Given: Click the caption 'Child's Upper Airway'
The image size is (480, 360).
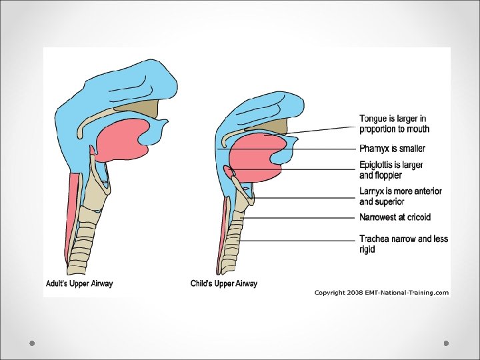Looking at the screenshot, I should [x=224, y=283].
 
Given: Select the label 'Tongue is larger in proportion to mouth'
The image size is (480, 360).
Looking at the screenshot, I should [x=394, y=124].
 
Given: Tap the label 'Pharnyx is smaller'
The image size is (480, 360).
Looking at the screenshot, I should [x=392, y=149].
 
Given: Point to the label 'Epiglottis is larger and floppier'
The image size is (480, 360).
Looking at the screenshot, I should [x=391, y=170].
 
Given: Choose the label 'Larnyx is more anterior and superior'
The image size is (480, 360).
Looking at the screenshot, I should [x=400, y=196].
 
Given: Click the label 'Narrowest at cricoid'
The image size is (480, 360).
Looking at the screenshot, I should [x=395, y=217].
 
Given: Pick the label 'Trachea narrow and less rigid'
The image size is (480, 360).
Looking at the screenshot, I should [x=403, y=244].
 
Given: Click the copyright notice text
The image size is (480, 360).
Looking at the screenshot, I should [x=381, y=293].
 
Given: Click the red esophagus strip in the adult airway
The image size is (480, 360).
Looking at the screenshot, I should [x=73, y=200].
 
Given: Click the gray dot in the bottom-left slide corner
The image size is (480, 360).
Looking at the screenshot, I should [x=31, y=343].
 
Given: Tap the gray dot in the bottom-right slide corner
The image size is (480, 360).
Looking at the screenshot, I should [x=447, y=343].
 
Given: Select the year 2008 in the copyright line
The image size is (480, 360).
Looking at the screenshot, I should [x=355, y=293].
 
